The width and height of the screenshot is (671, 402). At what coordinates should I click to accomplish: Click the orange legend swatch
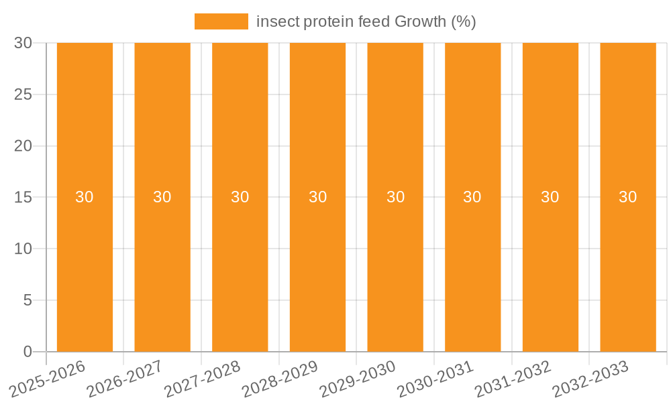click(221, 21)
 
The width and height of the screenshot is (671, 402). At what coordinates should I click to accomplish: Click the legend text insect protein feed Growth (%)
click(366, 21)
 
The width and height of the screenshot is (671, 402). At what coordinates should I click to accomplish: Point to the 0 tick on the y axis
click(28, 352)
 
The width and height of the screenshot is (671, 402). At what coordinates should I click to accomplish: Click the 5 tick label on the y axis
click(28, 300)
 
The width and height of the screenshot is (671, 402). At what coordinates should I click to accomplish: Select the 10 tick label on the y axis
click(23, 249)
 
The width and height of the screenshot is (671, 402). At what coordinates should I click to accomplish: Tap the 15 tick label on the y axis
click(23, 197)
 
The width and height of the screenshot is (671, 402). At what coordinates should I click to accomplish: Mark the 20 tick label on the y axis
click(23, 146)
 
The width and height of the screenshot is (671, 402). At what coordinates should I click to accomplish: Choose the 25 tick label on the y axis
click(23, 94)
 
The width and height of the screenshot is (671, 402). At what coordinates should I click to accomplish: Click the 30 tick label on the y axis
click(23, 43)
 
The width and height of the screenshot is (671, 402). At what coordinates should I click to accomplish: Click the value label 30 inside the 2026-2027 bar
click(162, 197)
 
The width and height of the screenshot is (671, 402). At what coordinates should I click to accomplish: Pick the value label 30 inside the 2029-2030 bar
click(395, 197)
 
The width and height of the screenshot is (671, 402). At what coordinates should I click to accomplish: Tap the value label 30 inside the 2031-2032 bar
click(550, 197)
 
